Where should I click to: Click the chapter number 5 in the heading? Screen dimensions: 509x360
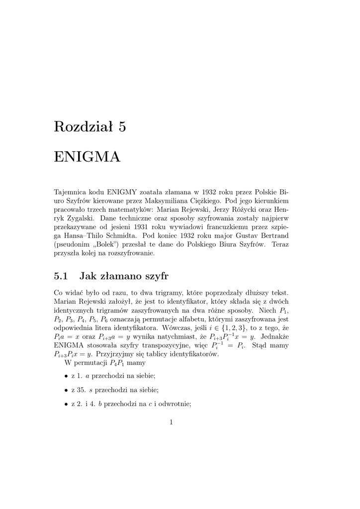click(x=122, y=127)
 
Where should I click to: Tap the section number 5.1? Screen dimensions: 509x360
click(x=60, y=275)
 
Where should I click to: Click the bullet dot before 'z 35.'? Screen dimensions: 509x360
click(x=66, y=390)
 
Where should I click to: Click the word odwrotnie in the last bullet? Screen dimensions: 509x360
click(x=175, y=404)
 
